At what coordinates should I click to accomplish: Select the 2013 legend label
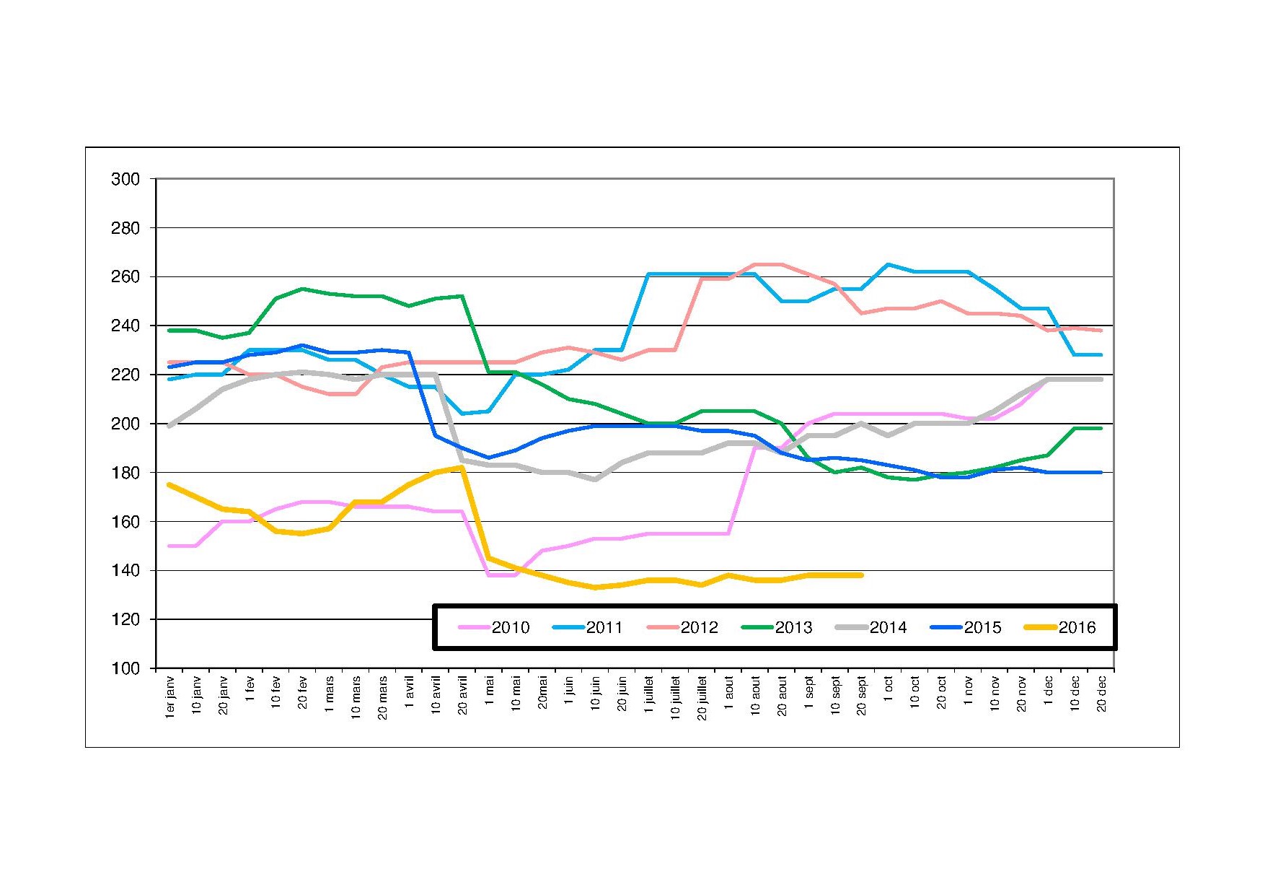[793, 628]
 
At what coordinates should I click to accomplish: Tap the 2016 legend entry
[1077, 628]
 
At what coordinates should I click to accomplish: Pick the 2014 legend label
[888, 628]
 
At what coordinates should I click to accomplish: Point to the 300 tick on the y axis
[125, 179]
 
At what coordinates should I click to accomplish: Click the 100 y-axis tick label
[125, 669]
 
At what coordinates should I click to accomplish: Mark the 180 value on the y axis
[125, 473]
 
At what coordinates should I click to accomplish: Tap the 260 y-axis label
[125, 277]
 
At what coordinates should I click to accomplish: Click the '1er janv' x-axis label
[170, 697]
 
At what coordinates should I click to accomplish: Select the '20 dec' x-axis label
[1101, 694]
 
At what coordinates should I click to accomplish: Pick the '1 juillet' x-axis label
[649, 694]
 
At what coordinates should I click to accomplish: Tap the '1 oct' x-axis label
[889, 691]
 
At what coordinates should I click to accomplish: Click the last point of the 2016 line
[861, 575]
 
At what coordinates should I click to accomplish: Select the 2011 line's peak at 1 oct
[888, 264]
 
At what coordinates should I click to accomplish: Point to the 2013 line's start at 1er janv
[169, 331]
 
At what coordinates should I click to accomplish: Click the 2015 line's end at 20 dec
[1101, 473]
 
